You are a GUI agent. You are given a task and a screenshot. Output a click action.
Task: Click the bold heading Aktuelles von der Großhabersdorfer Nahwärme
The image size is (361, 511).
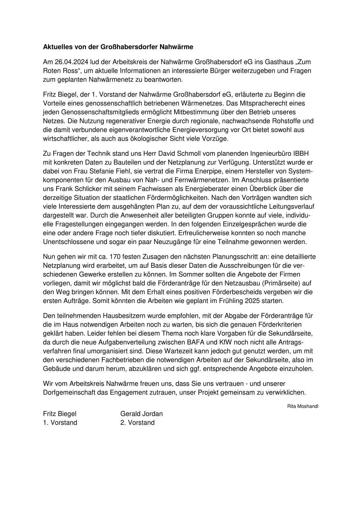[118, 47]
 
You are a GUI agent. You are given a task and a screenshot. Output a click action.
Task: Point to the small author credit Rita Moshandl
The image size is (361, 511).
[302, 406]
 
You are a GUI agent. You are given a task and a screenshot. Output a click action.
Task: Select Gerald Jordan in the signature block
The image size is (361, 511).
[141, 414]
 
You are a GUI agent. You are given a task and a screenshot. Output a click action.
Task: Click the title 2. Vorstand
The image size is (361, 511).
[137, 423]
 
